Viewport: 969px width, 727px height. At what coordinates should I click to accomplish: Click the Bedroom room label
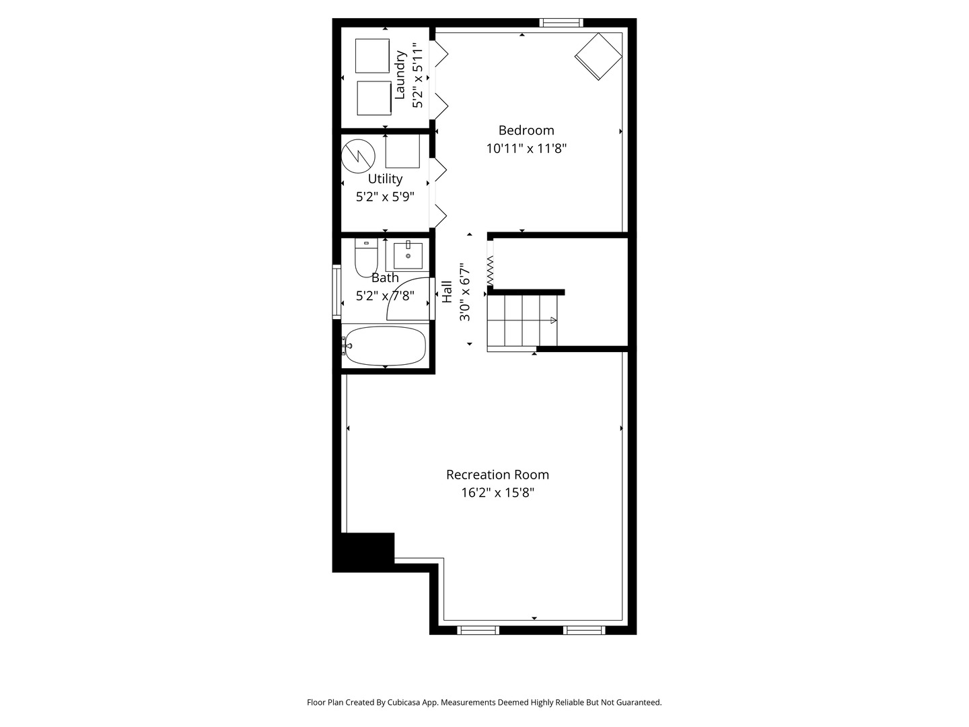pyautogui.click(x=526, y=130)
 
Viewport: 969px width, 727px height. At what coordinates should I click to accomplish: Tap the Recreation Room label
pyautogui.click(x=497, y=475)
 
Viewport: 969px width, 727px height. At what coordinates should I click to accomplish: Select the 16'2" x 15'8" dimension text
pyautogui.click(x=497, y=493)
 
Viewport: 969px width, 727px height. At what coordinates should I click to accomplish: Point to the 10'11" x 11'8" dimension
pyautogui.click(x=526, y=148)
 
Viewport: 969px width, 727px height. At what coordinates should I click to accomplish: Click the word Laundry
pyautogui.click(x=400, y=75)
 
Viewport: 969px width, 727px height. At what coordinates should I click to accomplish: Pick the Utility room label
pyautogui.click(x=386, y=179)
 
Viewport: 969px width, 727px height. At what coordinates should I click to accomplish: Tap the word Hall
pyautogui.click(x=447, y=291)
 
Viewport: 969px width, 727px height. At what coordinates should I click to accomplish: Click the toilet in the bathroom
pyautogui.click(x=366, y=258)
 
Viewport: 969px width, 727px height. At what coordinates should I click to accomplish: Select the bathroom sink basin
pyautogui.click(x=408, y=255)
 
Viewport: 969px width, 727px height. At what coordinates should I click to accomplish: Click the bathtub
pyautogui.click(x=384, y=346)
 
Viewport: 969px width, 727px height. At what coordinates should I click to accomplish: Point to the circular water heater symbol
pyautogui.click(x=358, y=156)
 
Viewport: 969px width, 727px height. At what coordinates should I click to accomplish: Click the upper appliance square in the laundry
pyautogui.click(x=372, y=56)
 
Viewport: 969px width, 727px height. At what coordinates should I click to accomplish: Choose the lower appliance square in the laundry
pyautogui.click(x=374, y=98)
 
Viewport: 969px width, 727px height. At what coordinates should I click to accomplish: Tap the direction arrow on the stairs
pyautogui.click(x=554, y=320)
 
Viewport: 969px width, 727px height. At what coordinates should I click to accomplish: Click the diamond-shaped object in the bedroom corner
pyautogui.click(x=598, y=57)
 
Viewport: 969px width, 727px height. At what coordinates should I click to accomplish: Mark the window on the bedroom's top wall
pyautogui.click(x=561, y=22)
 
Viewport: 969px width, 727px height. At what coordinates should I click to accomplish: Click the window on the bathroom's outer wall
pyautogui.click(x=336, y=291)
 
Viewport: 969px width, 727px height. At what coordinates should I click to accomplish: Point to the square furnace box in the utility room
pyautogui.click(x=402, y=151)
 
